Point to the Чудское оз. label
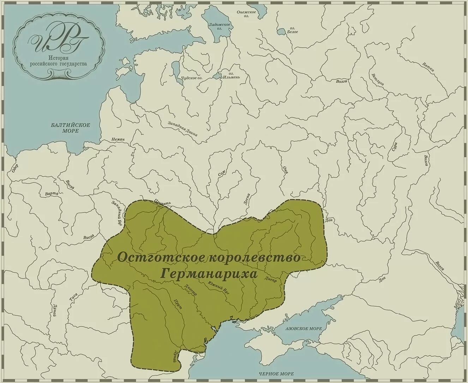(192, 78)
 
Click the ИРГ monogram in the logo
(58, 42)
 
